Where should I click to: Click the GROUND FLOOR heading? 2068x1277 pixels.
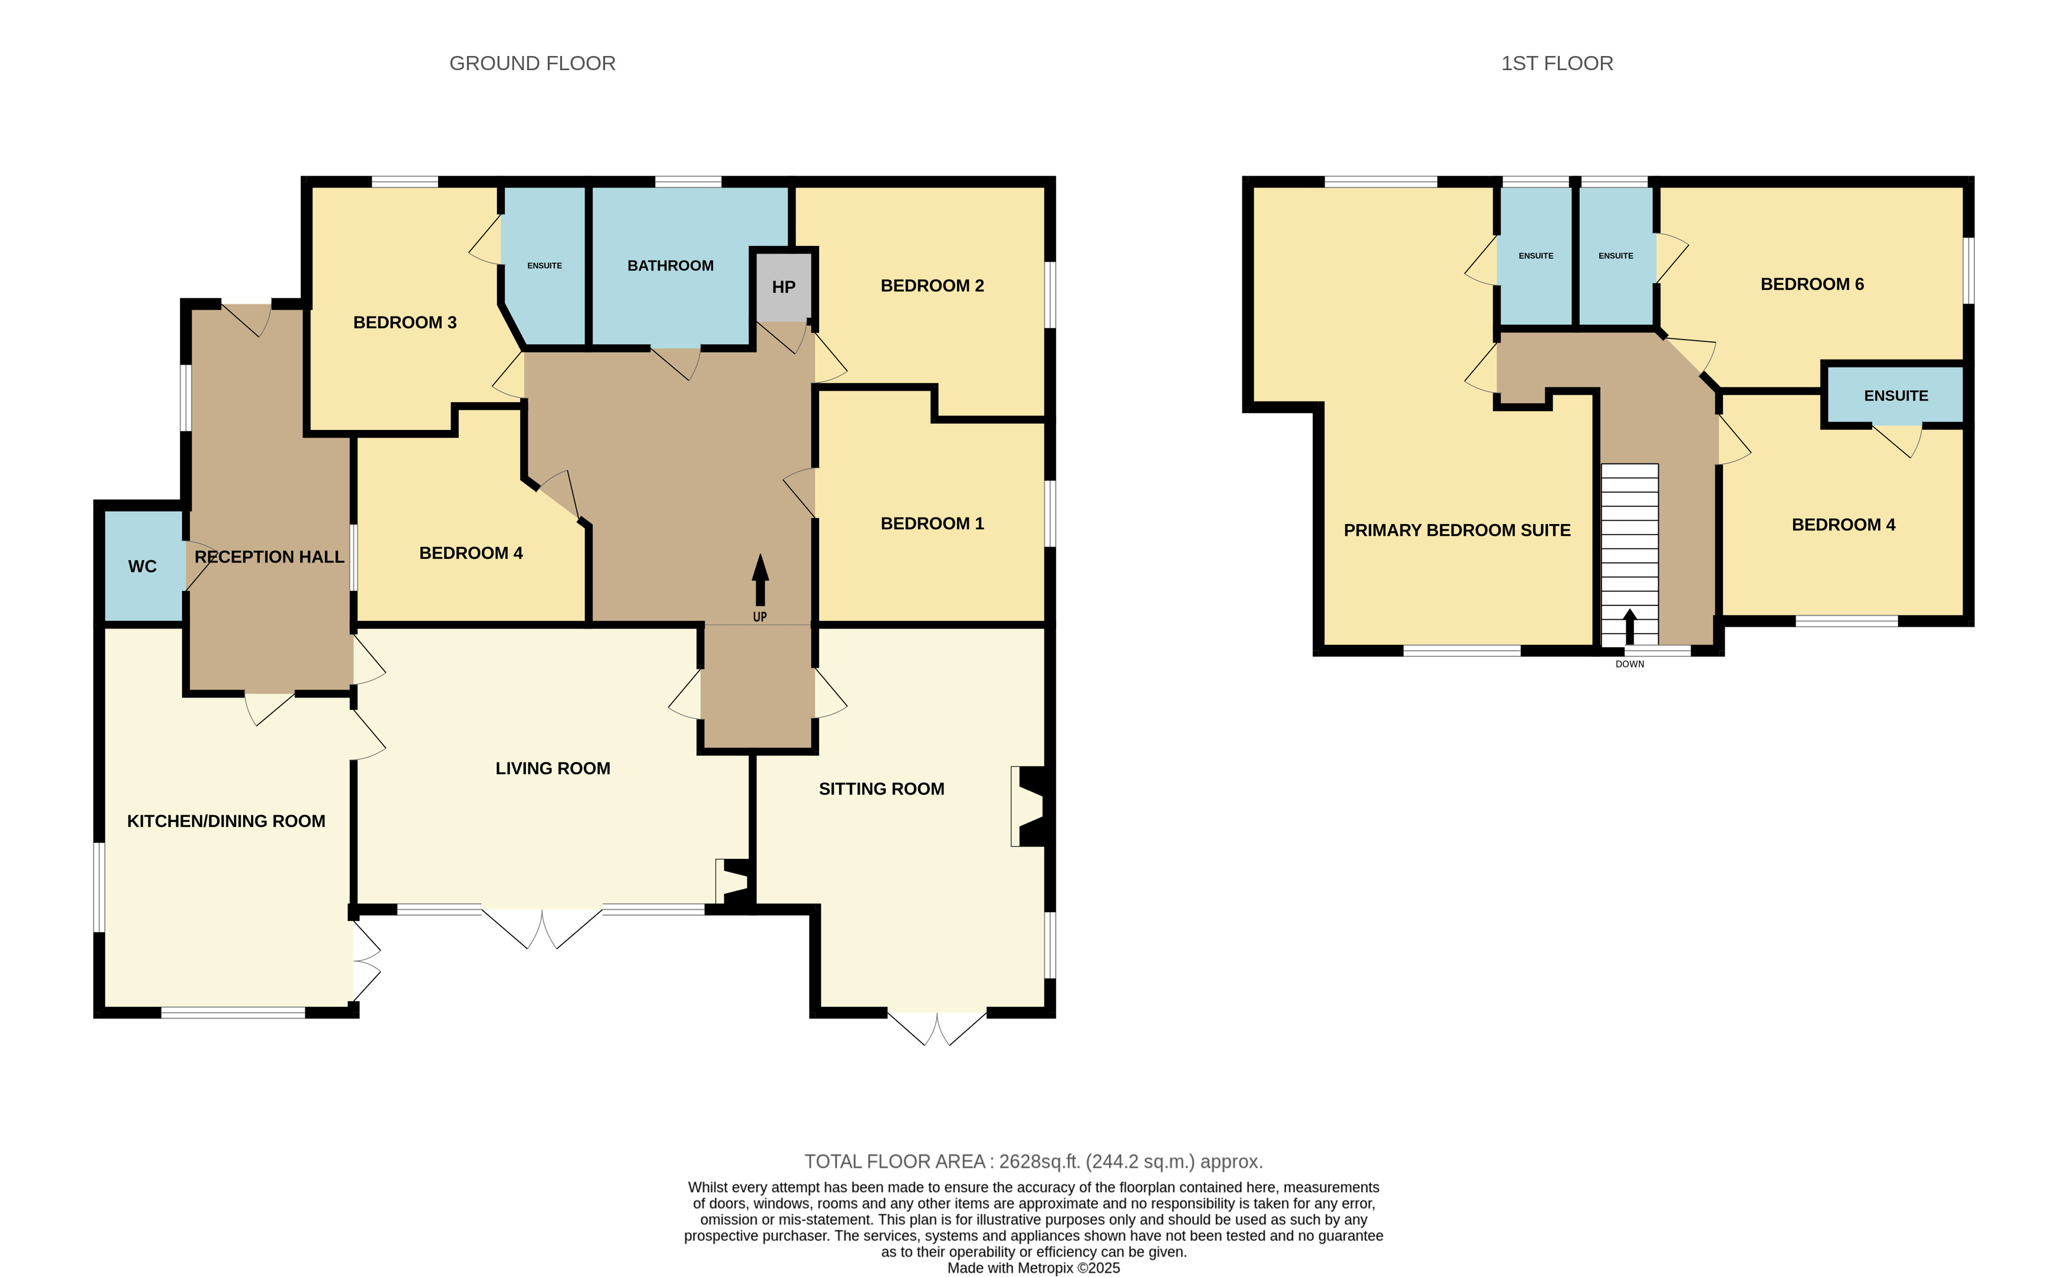[x=532, y=63]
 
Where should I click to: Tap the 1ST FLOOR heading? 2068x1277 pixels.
[x=1557, y=63]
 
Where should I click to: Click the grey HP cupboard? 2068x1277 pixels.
[x=784, y=287]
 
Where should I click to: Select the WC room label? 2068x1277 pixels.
[x=143, y=567]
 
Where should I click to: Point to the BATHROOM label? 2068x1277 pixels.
[x=670, y=266]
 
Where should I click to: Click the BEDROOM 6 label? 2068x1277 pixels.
[x=1812, y=285]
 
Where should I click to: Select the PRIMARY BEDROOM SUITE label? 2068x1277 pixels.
[x=1457, y=531]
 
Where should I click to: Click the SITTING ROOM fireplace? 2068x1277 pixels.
[x=1029, y=807]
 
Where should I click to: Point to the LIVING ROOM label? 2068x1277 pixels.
[x=553, y=769]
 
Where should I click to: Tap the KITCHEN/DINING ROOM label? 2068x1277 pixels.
[x=226, y=821]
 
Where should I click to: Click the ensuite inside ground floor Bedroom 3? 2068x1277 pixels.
[x=545, y=265]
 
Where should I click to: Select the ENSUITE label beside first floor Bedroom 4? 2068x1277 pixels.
[x=1896, y=396]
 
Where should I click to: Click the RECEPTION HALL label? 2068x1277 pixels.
[x=269, y=557]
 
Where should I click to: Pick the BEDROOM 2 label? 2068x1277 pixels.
[x=933, y=287]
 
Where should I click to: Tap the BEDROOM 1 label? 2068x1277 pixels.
[x=933, y=524]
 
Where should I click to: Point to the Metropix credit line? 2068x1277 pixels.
[x=1034, y=1268]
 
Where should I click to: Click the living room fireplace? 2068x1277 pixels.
[x=732, y=883]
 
